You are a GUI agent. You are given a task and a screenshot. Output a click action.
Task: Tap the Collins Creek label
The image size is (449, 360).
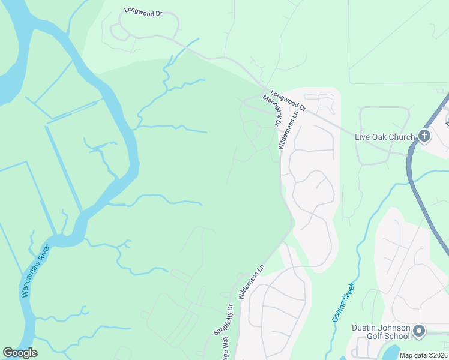343,302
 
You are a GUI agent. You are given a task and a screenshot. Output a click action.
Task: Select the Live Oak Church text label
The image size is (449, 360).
385,137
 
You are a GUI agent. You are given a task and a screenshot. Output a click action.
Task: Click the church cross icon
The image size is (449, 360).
424,136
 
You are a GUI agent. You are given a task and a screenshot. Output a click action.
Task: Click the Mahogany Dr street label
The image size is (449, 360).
271,109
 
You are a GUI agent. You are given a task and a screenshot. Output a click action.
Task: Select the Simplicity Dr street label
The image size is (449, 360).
223,319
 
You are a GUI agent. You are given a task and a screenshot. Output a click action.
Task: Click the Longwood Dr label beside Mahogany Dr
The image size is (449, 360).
288,100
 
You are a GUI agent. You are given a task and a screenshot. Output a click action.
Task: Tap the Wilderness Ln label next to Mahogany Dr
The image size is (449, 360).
291,130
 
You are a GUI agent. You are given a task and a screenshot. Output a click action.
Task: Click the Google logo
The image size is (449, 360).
20,353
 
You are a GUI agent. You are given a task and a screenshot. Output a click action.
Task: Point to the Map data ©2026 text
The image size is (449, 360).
423,355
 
